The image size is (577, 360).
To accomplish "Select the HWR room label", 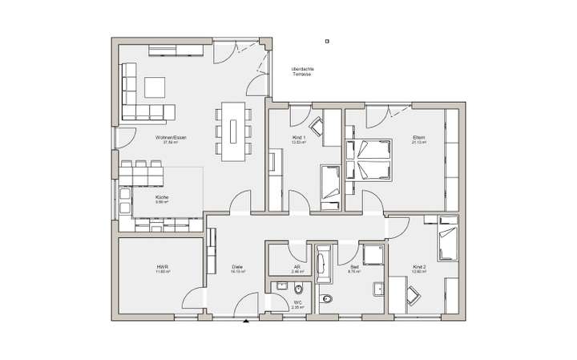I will click(x=163, y=266).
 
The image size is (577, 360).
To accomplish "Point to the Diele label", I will click(x=238, y=266).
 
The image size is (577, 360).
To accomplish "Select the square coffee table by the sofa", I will click(x=155, y=88).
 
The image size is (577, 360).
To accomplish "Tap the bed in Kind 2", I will click(x=447, y=240).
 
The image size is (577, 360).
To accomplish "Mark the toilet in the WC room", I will click(x=325, y=301).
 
